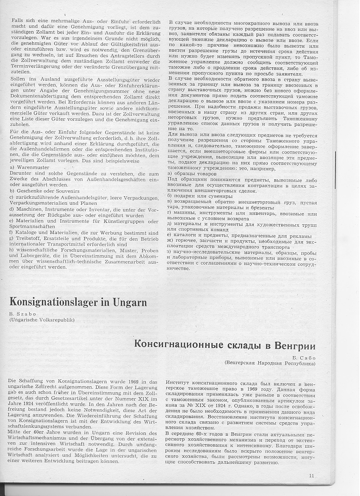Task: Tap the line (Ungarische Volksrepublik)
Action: pos(42,320)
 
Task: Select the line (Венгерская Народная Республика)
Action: pos(270,363)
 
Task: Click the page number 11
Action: pos(312,476)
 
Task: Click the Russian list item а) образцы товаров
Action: pos(192,174)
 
